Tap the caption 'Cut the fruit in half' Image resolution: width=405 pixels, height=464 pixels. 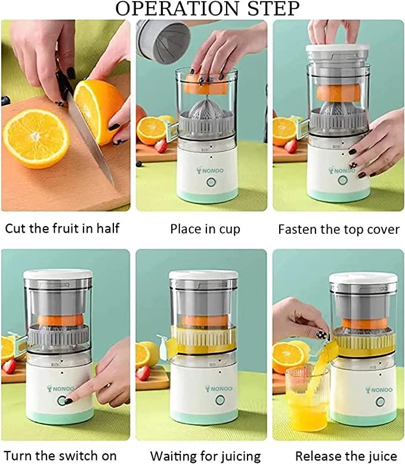coord(62,228)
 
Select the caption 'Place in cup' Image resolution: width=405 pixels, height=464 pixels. coord(205,228)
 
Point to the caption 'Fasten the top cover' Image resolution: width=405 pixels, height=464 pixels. coord(339,229)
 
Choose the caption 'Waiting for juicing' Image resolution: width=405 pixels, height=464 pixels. coord(205,456)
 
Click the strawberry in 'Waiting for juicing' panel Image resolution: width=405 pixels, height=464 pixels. coord(143,373)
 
